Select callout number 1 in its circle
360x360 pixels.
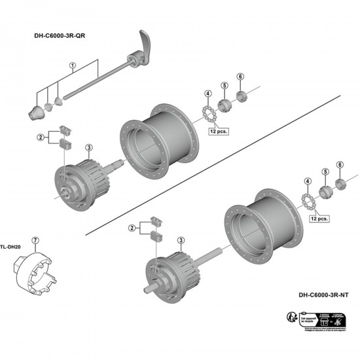[x=73, y=65]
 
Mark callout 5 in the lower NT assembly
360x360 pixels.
[x=324, y=172]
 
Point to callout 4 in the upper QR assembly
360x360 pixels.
[x=208, y=93]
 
